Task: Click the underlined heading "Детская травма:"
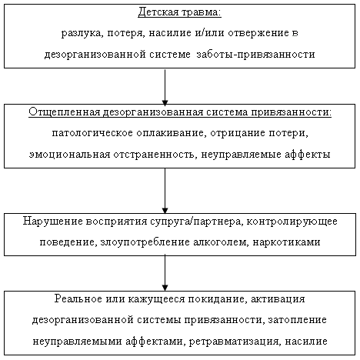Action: tap(179, 12)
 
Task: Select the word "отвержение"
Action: tap(258, 33)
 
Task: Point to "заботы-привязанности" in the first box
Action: tap(255, 55)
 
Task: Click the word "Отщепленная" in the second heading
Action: tap(64, 112)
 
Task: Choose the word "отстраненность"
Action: tap(154, 155)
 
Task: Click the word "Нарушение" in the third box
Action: tap(52, 222)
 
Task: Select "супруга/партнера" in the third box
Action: tap(197, 222)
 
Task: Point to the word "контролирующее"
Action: tap(292, 222)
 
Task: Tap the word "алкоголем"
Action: tap(221, 242)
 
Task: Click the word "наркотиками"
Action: tap(287, 242)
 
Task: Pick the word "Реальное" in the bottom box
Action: tap(78, 299)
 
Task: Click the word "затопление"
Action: tap(298, 320)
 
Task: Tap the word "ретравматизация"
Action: tap(234, 342)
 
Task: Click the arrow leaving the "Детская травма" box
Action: tap(165, 87)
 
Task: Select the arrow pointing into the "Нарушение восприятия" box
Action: tap(165, 191)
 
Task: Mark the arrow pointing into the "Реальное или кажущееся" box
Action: tap(165, 273)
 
